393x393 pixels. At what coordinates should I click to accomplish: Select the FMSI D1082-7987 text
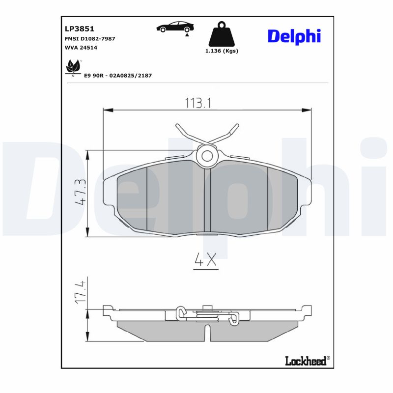pos(90,38)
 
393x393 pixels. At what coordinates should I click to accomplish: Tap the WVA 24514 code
pos(81,48)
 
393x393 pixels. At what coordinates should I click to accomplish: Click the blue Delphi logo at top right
pos(294,36)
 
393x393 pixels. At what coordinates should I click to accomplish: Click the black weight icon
pos(221,34)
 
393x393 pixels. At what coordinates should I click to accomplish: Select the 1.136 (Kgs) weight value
pos(221,51)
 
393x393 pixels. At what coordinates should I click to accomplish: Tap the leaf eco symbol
pos(73,66)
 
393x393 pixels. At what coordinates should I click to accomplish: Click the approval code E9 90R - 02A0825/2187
pos(117,75)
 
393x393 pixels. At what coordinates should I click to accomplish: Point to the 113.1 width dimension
pos(198,103)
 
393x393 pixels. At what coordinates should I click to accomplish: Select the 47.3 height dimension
pos(80,192)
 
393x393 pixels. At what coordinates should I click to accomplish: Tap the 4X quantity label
pos(205,260)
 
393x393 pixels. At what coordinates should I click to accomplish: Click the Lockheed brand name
pos(306,361)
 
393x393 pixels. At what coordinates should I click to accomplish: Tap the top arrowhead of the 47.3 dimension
pos(87,154)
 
